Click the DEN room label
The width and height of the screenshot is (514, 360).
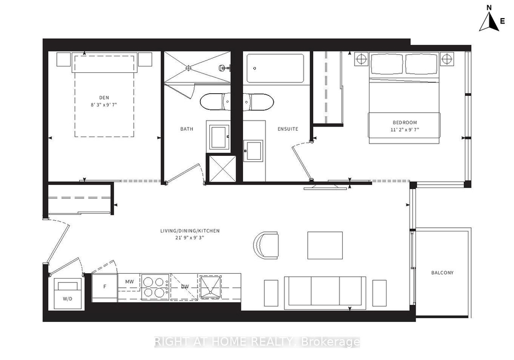click(104, 97)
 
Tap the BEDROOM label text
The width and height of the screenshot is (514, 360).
click(405, 122)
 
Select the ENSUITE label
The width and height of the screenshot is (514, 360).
click(288, 129)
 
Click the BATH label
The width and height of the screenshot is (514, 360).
click(187, 129)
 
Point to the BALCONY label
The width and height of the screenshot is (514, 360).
click(442, 273)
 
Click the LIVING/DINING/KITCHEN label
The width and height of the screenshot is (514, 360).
click(190, 231)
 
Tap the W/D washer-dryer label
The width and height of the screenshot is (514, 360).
click(67, 299)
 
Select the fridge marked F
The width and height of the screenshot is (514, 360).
click(104, 288)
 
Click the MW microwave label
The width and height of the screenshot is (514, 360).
click(130, 281)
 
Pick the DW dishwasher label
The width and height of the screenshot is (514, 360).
click(185, 286)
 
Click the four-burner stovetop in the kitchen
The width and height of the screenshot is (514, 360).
click(155, 287)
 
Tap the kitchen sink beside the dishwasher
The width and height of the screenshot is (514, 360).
click(210, 287)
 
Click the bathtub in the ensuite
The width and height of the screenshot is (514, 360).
click(275, 69)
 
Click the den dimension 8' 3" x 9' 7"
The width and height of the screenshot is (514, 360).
click(104, 104)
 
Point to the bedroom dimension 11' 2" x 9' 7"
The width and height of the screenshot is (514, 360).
click(405, 130)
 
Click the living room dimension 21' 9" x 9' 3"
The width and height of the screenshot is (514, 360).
click(190, 238)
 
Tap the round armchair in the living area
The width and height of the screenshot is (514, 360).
click(266, 245)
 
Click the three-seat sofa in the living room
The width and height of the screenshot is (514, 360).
click(325, 293)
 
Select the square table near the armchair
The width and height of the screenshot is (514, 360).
click(325, 245)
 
